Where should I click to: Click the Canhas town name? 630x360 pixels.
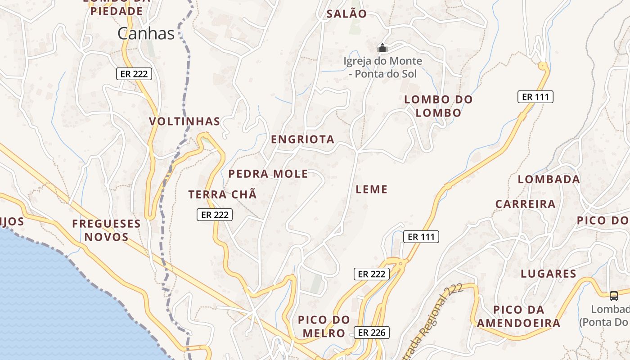[x=146, y=33]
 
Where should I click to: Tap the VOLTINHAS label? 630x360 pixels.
[x=184, y=121]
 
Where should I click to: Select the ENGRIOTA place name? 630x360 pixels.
[x=302, y=139]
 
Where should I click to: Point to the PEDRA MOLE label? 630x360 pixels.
[x=268, y=174]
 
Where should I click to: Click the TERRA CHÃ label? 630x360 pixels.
[x=223, y=194]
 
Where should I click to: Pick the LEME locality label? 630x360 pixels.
[x=372, y=189]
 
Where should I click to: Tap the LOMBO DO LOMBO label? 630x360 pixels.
[x=438, y=106]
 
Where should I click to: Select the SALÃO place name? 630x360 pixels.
[x=346, y=14]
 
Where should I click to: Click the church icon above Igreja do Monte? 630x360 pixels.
[x=382, y=47]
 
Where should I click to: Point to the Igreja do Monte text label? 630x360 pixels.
[x=383, y=67]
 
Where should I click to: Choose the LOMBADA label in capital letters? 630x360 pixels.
[x=549, y=179]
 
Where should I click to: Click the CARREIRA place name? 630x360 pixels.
[x=526, y=204]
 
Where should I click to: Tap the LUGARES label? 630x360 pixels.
[x=549, y=274]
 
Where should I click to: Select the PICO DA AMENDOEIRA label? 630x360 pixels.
[x=519, y=316]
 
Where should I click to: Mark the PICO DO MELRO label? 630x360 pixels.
[x=324, y=327]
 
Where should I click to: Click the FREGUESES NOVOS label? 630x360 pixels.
[x=107, y=230]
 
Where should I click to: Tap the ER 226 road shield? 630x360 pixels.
[x=371, y=333]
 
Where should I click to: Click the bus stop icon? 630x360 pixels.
[x=614, y=296]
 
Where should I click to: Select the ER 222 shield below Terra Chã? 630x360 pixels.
[x=215, y=215]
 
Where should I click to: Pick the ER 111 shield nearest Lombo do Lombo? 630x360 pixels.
[x=535, y=97]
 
